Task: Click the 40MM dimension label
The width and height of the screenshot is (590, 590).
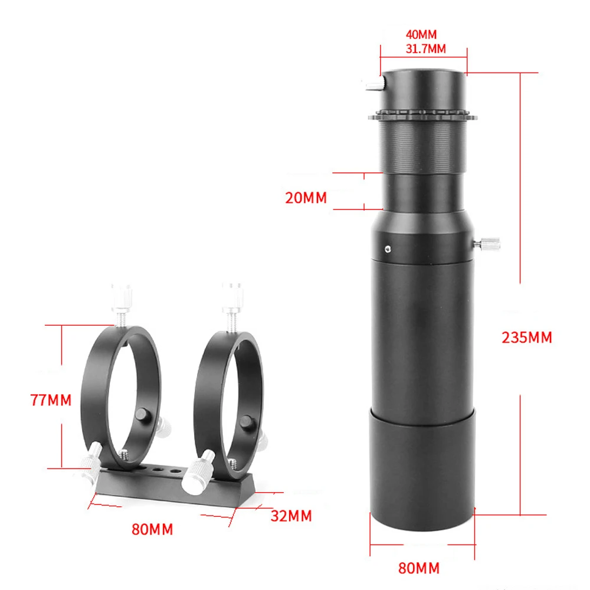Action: click(x=421, y=35)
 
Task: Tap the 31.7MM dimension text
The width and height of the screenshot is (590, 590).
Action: click(x=425, y=49)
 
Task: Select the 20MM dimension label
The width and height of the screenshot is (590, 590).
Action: click(x=306, y=198)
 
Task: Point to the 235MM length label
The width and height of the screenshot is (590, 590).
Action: click(x=527, y=337)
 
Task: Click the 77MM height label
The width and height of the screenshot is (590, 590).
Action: click(x=51, y=400)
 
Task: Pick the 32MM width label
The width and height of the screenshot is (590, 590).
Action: click(x=291, y=516)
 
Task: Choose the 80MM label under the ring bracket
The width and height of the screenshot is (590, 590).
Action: click(x=152, y=529)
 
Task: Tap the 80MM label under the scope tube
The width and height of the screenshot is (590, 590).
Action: click(x=419, y=568)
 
